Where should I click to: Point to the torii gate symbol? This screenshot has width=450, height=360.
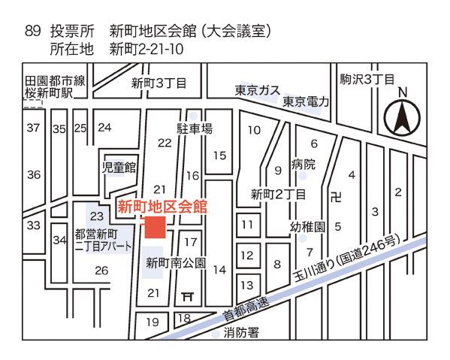pyautogui.click(x=188, y=297)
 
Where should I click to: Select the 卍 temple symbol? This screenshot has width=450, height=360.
pyautogui.click(x=336, y=198)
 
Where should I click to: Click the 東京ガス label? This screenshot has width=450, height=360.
pyautogui.click(x=257, y=89)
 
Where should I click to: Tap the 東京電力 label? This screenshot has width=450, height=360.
pyautogui.click(x=306, y=101)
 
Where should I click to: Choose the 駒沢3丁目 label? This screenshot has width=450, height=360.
pyautogui.click(x=367, y=79)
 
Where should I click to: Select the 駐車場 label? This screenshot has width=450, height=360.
pyautogui.click(x=195, y=129)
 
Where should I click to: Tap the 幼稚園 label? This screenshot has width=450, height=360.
pyautogui.click(x=308, y=226)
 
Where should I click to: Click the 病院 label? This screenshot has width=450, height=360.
pyautogui.click(x=304, y=164)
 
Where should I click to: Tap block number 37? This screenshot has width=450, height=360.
pyautogui.click(x=33, y=128)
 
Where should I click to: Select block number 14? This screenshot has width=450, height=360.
pyautogui.click(x=219, y=269)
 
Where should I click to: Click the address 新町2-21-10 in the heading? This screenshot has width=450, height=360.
pyautogui.click(x=147, y=50)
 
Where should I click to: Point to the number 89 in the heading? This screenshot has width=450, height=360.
pyautogui.click(x=33, y=32)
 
